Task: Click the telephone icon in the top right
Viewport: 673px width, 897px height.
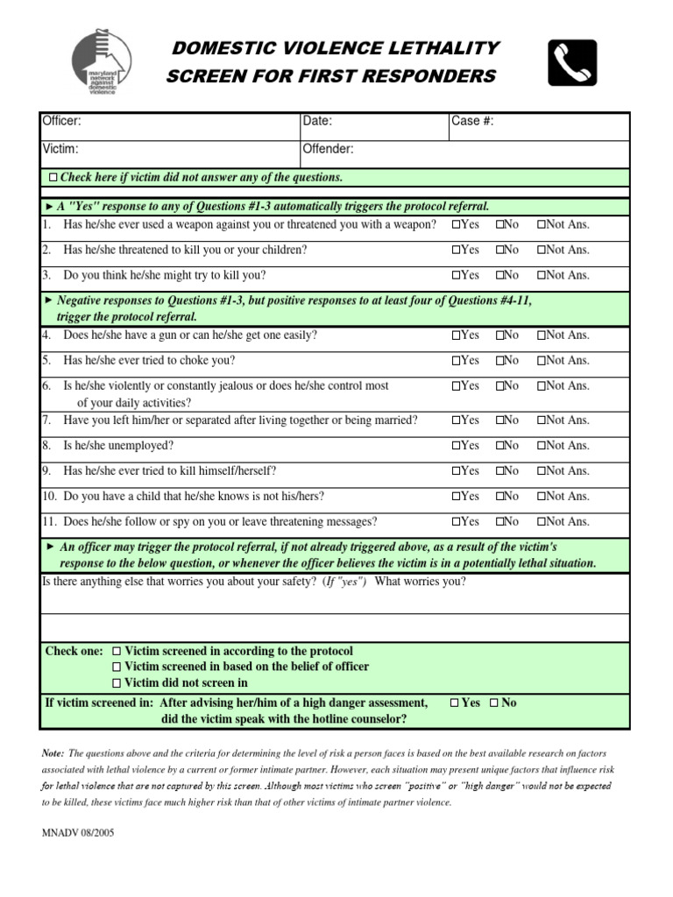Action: [572, 63]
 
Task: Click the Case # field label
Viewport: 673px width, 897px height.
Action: [472, 122]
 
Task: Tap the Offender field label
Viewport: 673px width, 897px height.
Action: [328, 149]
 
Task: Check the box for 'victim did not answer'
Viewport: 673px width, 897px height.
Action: [53, 178]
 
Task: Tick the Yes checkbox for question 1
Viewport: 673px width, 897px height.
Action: [457, 225]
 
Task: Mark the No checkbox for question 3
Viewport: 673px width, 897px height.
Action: [500, 275]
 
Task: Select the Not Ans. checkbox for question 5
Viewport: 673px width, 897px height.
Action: [542, 361]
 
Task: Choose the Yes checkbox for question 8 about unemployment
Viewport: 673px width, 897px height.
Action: [457, 446]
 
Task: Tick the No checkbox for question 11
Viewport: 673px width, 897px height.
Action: [500, 522]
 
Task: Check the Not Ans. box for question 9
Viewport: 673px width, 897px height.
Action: [542, 471]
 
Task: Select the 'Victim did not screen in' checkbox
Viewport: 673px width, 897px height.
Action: [117, 683]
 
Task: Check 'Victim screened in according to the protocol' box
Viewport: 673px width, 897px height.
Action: [117, 652]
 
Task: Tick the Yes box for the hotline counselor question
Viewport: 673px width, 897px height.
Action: [453, 703]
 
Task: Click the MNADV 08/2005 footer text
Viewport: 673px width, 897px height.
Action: [77, 833]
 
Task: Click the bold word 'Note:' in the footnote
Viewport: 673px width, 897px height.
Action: [53, 753]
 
